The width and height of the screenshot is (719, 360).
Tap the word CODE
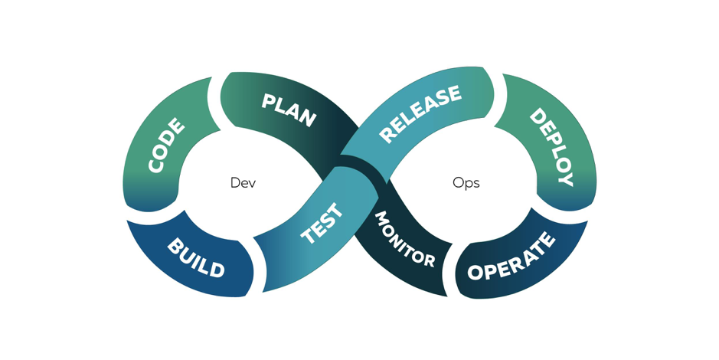click(166, 146)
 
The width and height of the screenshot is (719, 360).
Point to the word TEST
click(322, 224)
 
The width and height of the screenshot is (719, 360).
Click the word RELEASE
click(420, 113)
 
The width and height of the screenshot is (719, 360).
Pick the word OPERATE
click(511, 258)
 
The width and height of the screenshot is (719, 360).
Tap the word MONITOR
click(404, 240)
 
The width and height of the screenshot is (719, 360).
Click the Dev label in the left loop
click(243, 183)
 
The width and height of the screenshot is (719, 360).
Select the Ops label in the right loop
click(466, 183)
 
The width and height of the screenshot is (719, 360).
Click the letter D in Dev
click(235, 183)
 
